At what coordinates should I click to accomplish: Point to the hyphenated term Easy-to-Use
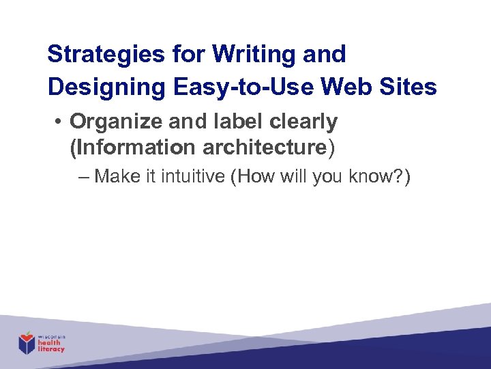(243, 87)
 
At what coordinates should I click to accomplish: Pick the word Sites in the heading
(411, 87)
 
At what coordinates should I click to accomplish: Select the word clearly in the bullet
(302, 122)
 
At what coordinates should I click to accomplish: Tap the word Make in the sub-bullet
(117, 177)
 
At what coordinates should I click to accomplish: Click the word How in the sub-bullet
(256, 177)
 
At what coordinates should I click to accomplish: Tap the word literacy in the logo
(51, 349)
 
